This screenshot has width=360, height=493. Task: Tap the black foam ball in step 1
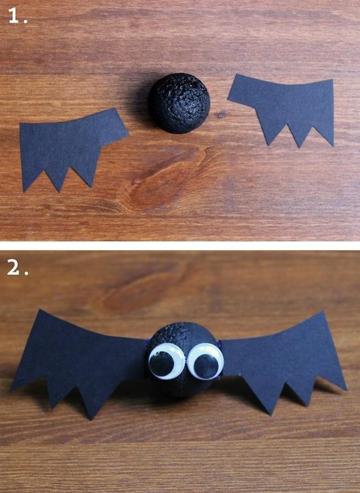178,103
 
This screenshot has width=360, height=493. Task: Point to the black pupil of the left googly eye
161,365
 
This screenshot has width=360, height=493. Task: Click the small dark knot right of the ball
221,114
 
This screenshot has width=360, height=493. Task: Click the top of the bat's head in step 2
182,327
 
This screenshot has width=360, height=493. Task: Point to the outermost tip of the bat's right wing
346,388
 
